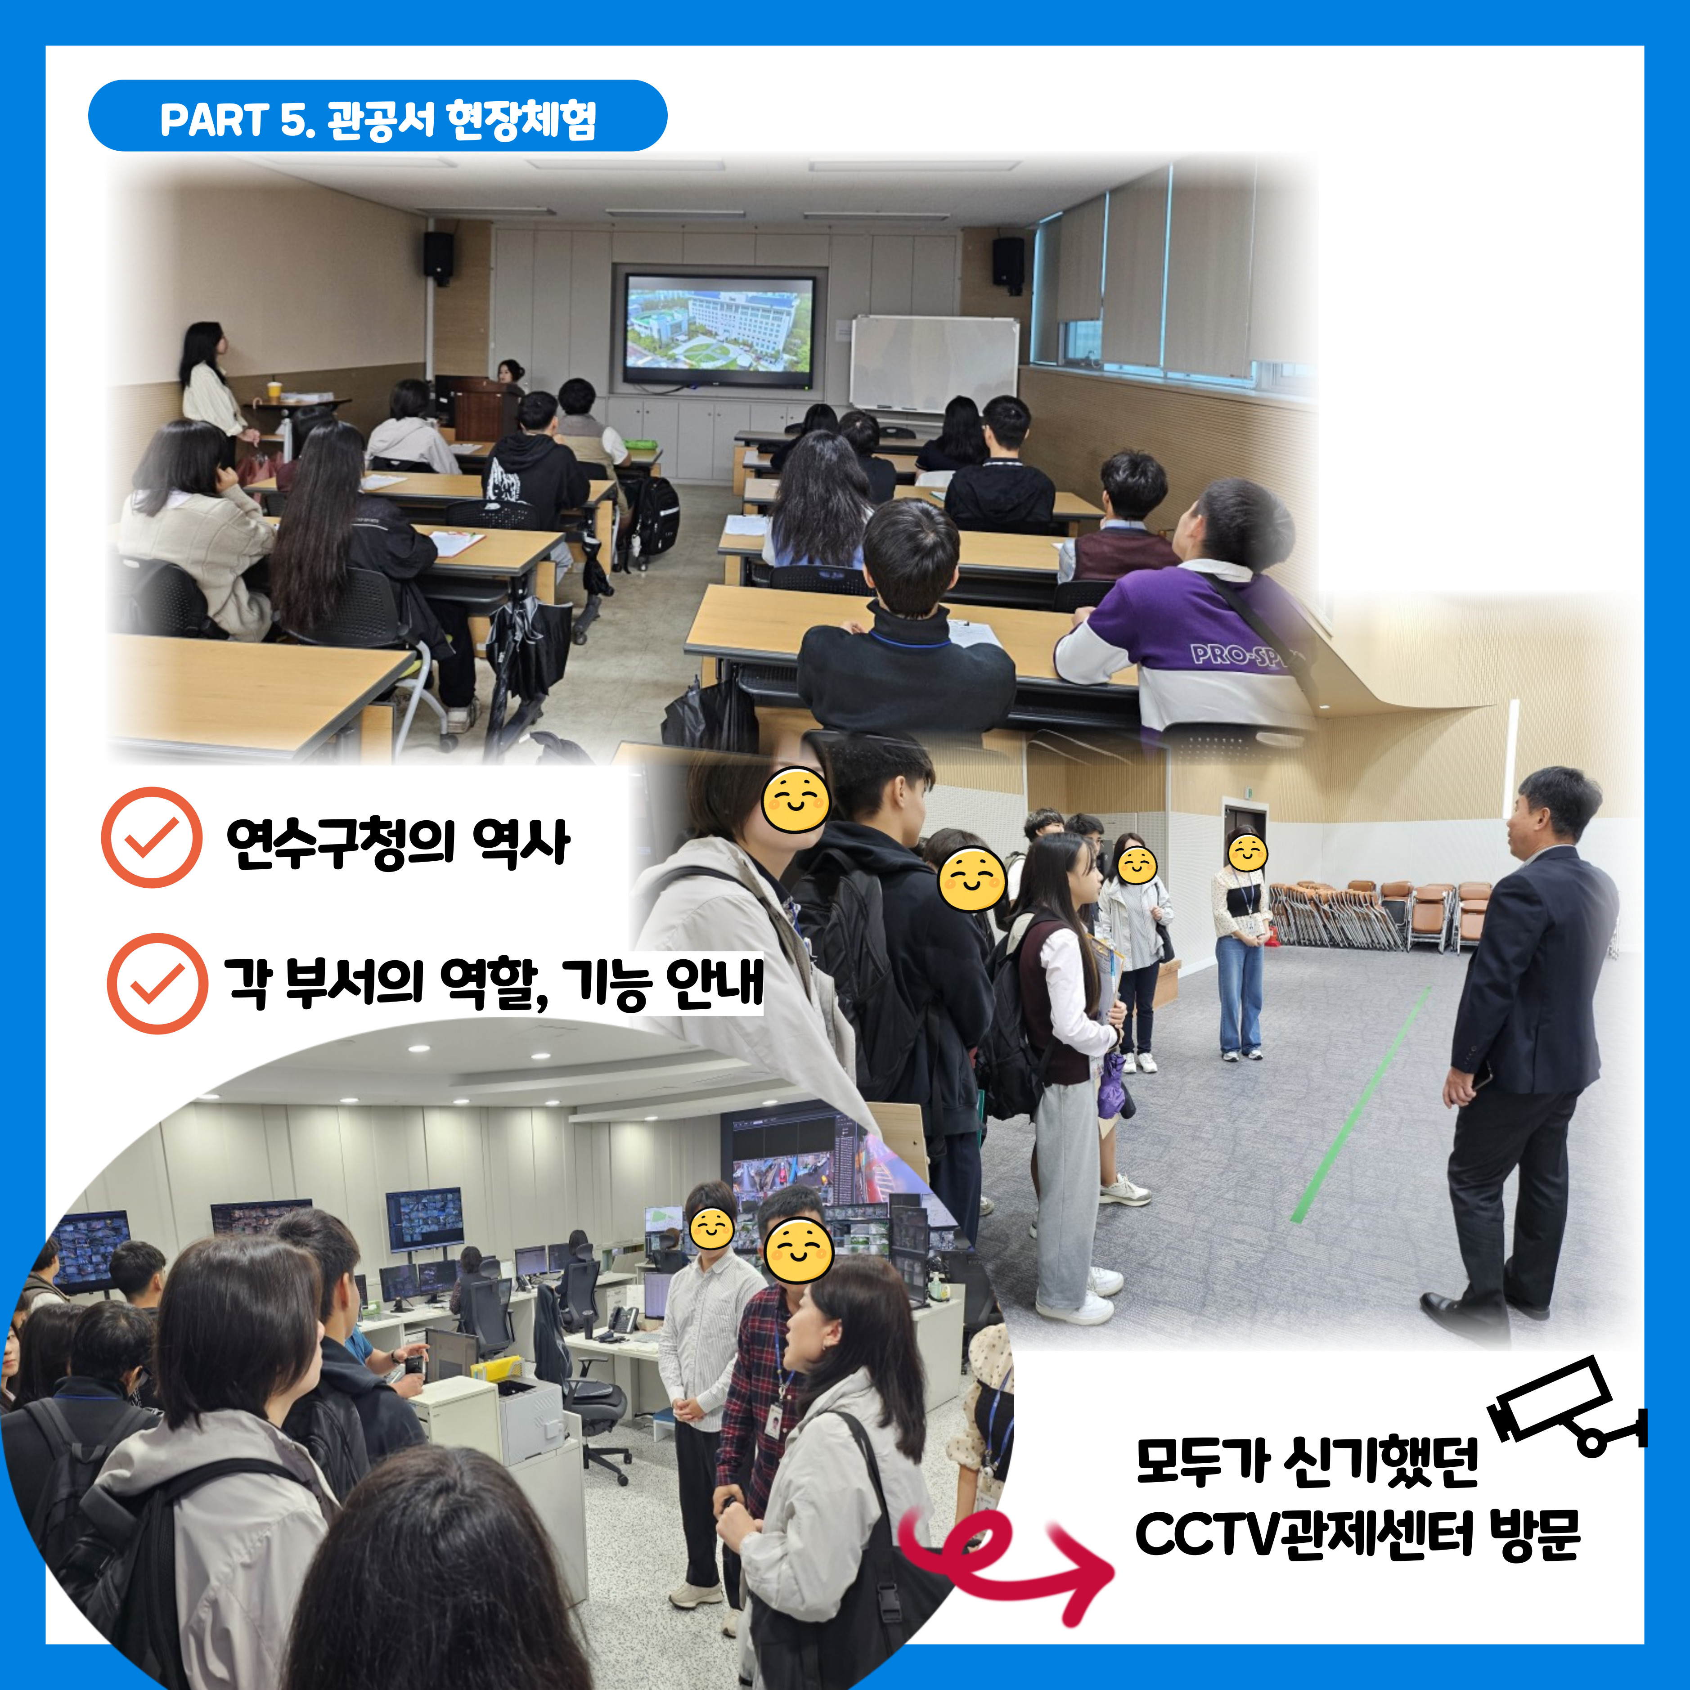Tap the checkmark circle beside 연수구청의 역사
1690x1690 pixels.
point(152,837)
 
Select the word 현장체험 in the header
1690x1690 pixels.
point(521,119)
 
